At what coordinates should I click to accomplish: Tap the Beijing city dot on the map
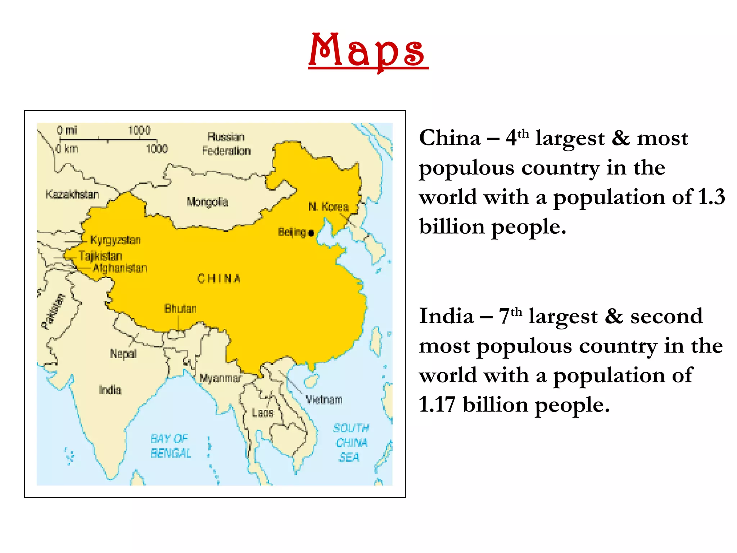(311, 233)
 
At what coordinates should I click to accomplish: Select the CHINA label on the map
(219, 279)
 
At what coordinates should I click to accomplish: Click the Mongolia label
(207, 202)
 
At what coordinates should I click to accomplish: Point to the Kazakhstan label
(72, 194)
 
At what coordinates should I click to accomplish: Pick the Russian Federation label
(226, 144)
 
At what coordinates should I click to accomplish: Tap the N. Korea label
(329, 207)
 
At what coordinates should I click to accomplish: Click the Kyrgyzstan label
(116, 240)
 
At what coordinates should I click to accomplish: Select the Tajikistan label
(101, 256)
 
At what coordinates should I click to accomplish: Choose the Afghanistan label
(120, 268)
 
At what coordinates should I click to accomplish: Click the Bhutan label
(181, 309)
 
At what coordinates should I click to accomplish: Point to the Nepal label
(123, 354)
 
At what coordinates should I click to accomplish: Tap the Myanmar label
(221, 378)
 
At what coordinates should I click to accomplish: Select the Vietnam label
(324, 400)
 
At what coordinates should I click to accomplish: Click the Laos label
(263, 413)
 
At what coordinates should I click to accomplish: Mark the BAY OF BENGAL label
(170, 446)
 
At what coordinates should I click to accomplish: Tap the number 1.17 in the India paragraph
(437, 405)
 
